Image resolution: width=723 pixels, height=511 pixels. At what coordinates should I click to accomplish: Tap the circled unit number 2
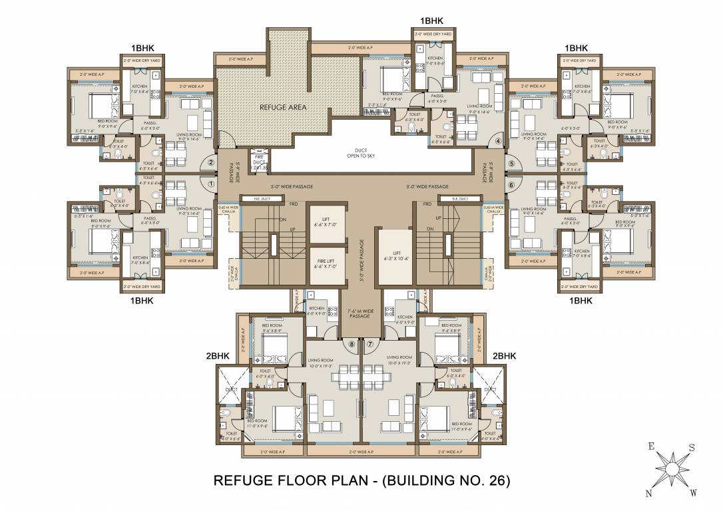pos(211,162)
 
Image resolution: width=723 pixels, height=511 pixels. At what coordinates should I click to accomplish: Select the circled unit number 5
pos(512,163)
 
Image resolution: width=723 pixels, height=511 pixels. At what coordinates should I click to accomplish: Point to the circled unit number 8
pos(353,344)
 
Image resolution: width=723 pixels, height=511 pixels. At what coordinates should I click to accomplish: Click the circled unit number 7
pos(370,344)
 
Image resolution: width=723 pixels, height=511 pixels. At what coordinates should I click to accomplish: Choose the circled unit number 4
pos(497,141)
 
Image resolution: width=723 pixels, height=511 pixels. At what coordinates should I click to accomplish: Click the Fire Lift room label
pos(326,263)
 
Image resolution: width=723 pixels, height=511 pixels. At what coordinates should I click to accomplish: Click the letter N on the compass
pos(648,493)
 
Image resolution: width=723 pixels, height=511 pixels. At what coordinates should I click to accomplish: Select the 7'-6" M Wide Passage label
pos(360,313)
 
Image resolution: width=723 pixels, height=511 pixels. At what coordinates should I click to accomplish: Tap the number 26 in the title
pos(491,479)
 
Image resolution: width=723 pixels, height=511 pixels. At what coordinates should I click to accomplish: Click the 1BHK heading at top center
pos(431,22)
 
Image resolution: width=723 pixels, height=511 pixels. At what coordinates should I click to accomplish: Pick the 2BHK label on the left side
pos(218,357)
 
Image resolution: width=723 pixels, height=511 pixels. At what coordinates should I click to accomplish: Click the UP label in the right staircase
pos(437,218)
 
